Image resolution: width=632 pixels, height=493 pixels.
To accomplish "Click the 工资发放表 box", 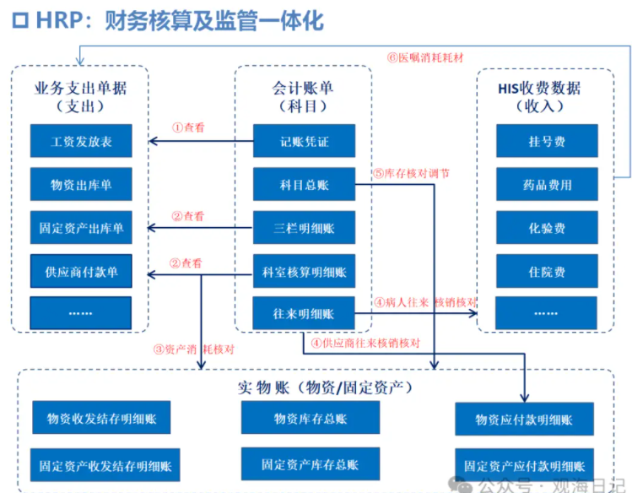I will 81,141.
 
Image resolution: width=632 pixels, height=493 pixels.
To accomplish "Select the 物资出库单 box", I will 81,184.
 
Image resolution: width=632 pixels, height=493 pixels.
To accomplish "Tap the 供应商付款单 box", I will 81,271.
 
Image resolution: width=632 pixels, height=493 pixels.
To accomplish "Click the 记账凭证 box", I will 304,141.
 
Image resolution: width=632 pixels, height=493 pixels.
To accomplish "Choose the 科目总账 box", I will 304,184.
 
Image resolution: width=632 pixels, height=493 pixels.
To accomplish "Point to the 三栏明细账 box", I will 304,228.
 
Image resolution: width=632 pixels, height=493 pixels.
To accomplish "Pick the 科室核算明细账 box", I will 304,271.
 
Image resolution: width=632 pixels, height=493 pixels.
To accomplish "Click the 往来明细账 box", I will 304,314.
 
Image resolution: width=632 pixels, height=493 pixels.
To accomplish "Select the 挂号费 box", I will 547,141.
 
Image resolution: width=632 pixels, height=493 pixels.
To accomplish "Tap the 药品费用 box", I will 547,184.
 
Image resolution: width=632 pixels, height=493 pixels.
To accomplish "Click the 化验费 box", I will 547,228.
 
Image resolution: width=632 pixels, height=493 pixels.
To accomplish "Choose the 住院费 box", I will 547,271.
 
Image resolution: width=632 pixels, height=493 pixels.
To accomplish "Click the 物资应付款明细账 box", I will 524,420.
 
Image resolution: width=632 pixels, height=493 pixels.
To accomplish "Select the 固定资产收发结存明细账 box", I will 105,465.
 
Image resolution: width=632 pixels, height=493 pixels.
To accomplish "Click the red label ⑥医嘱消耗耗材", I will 425,58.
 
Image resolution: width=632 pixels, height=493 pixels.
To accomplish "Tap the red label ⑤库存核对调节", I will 411,173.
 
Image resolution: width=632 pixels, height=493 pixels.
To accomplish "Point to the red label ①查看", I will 187,128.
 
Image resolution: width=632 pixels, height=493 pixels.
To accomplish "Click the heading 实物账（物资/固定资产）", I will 325,387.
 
